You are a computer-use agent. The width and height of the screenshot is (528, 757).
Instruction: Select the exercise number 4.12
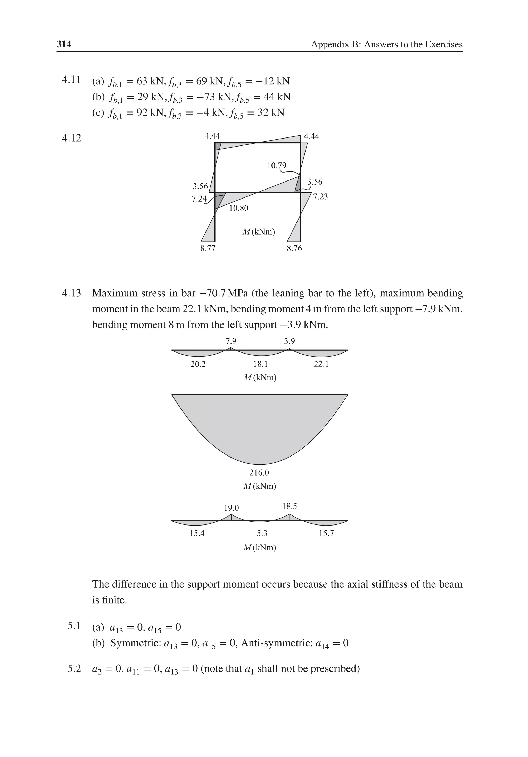pyautogui.click(x=71, y=138)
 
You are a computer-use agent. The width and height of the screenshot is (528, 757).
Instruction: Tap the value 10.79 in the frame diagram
pyautogui.click(x=276, y=165)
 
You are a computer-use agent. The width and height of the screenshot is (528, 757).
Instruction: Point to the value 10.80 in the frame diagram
pyautogui.click(x=238, y=208)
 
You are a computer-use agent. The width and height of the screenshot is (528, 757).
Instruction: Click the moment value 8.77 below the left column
pyautogui.click(x=208, y=248)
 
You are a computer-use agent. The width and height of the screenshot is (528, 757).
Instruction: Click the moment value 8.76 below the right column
pyautogui.click(x=294, y=248)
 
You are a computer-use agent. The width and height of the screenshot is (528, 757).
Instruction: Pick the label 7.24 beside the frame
pyautogui.click(x=199, y=199)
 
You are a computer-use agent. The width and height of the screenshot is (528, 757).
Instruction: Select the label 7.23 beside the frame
pyautogui.click(x=320, y=196)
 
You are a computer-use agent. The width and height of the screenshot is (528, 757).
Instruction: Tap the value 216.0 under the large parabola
pyautogui.click(x=259, y=473)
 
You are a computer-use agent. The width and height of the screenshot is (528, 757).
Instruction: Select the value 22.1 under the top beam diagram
pyautogui.click(x=321, y=364)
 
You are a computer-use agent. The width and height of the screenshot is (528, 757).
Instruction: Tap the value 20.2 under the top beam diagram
pyautogui.click(x=198, y=364)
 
